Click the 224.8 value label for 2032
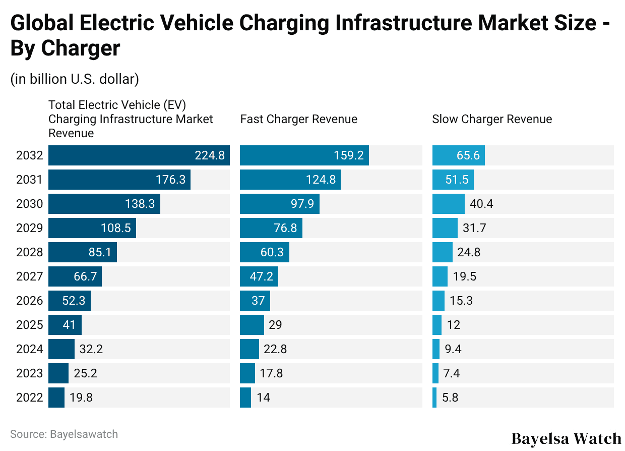tap(210, 155)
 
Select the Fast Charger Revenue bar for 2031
tap(290, 180)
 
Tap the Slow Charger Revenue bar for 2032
tap(458, 155)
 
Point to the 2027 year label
tap(29, 276)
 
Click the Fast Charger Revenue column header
tap(298, 119)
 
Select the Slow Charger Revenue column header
tap(492, 119)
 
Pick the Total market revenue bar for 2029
tap(92, 228)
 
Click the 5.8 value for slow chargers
tap(450, 398)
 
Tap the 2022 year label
tap(29, 398)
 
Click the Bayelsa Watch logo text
tap(566, 438)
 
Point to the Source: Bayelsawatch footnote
tap(64, 434)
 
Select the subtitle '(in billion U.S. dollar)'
tap(75, 79)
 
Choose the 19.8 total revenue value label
tap(81, 398)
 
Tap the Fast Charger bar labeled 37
tap(255, 301)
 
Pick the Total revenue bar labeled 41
tap(65, 325)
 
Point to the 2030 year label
tap(29, 204)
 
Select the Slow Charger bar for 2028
tap(442, 252)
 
